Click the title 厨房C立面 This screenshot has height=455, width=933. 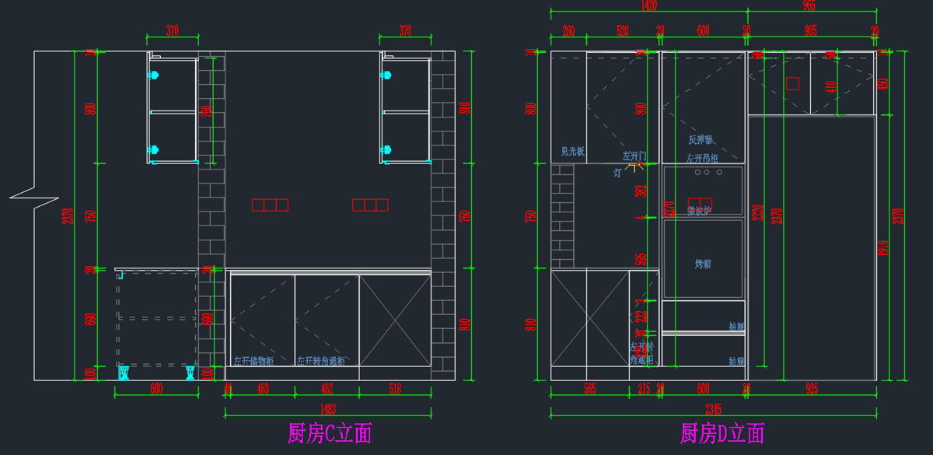point(330,433)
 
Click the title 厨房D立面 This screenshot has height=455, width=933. point(722,433)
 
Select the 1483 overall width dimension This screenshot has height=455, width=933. point(327,410)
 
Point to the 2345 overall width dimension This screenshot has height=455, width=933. point(714,410)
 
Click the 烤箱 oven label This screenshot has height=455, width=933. point(703,264)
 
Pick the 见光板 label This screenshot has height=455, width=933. point(573,152)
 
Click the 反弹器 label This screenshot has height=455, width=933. point(701,141)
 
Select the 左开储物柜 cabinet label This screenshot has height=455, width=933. point(254,362)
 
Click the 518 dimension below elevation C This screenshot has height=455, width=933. point(395,388)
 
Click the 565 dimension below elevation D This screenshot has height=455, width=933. point(589,388)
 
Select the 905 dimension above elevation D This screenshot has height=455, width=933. point(810,31)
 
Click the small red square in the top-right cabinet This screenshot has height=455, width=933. point(792,83)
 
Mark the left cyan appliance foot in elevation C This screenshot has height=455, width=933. point(124,374)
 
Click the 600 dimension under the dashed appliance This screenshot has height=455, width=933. point(156,388)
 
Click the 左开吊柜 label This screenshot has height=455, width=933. point(702,159)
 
